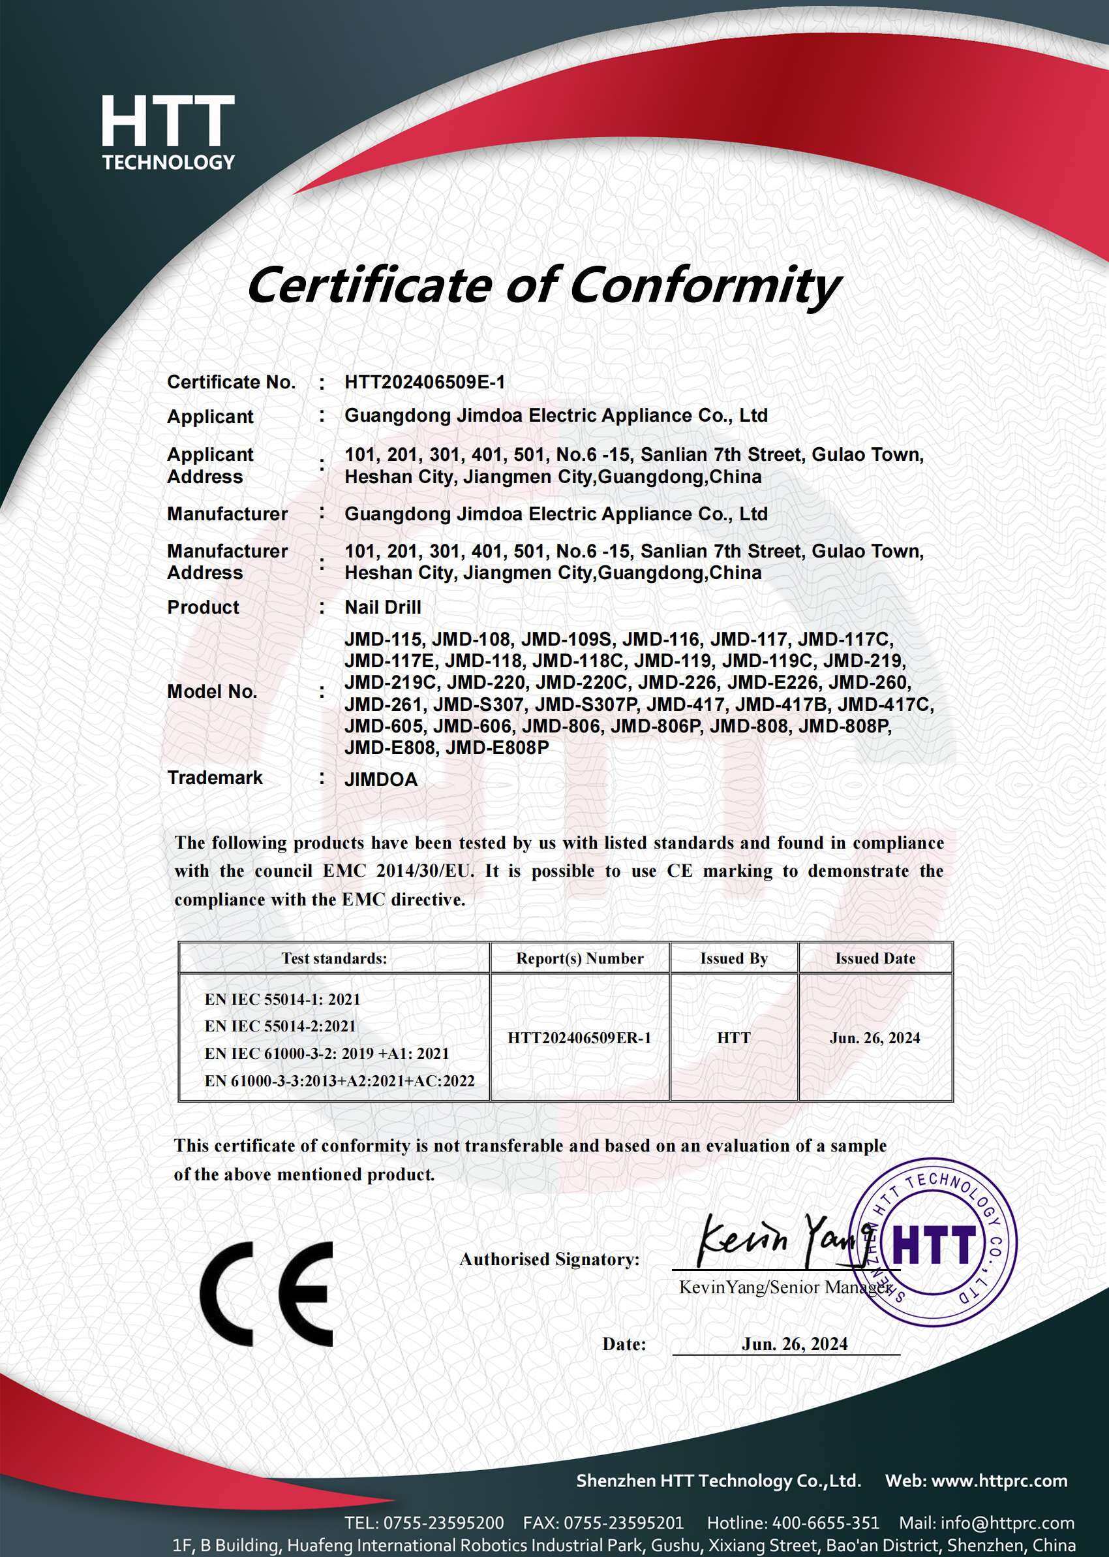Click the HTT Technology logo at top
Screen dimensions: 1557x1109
coord(168,132)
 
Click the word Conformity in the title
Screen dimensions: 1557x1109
coord(704,285)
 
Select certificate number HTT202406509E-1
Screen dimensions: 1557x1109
coord(425,382)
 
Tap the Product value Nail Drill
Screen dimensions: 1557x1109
coord(382,606)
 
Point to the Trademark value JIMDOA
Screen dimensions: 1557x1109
coord(380,779)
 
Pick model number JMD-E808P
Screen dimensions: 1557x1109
coord(496,747)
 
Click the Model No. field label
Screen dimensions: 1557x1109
coord(212,691)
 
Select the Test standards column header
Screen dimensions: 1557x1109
coord(334,958)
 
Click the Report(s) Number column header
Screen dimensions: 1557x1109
coord(580,958)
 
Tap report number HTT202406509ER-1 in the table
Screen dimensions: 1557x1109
coord(579,1038)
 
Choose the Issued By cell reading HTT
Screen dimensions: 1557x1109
coord(733,1038)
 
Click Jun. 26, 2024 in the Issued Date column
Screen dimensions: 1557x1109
coord(875,1038)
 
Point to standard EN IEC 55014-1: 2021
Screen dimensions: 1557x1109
coord(282,999)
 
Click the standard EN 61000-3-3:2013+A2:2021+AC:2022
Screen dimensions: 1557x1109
coord(339,1081)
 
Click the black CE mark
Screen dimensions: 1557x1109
coord(267,1294)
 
